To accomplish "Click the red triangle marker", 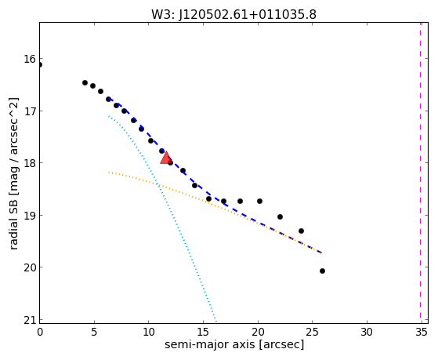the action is (x=166, y=158).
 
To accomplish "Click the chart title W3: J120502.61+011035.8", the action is (x=233, y=15).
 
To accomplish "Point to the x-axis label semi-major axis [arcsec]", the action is (x=234, y=344).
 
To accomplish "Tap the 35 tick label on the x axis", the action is (x=422, y=333).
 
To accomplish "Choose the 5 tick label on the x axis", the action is (x=94, y=333).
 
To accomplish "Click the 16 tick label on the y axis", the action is (x=30, y=59).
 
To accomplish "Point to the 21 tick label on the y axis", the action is (x=30, y=320).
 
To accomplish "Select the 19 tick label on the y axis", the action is (x=30, y=216).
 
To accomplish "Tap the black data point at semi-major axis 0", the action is (x=40, y=65).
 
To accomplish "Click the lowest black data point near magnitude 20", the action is (x=322, y=271).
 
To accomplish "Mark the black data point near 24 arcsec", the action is (x=301, y=231).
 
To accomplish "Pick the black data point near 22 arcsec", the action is (x=280, y=216).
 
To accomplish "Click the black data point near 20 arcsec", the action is (x=259, y=201).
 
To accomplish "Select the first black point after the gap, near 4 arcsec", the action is (x=85, y=82).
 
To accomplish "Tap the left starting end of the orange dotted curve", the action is (x=109, y=173).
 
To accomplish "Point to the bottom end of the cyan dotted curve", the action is (x=215, y=321).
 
